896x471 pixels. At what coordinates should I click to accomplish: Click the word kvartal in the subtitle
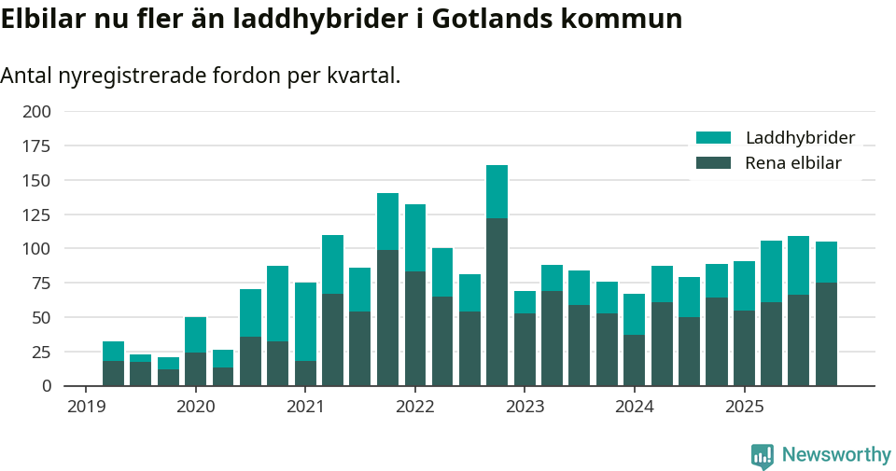tap(360, 76)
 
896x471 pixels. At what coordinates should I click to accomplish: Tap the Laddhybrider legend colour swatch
tap(713, 138)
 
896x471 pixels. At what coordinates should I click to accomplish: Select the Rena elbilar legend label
tap(793, 163)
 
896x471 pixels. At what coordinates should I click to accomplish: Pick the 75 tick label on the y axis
tap(41, 284)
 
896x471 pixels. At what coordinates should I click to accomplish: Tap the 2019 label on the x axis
tap(86, 407)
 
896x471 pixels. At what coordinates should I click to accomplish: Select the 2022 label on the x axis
tap(415, 407)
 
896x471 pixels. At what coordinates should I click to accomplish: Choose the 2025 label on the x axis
tap(744, 407)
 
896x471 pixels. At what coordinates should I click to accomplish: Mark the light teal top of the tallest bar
tap(497, 191)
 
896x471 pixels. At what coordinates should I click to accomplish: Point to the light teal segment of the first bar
tap(113, 351)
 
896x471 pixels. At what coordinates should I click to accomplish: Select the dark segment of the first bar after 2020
tap(223, 376)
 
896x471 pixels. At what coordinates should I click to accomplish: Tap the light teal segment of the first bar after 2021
tap(332, 264)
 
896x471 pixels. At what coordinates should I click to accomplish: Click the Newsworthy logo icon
tap(763, 455)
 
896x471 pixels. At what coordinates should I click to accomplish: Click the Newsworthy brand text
tap(836, 455)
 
